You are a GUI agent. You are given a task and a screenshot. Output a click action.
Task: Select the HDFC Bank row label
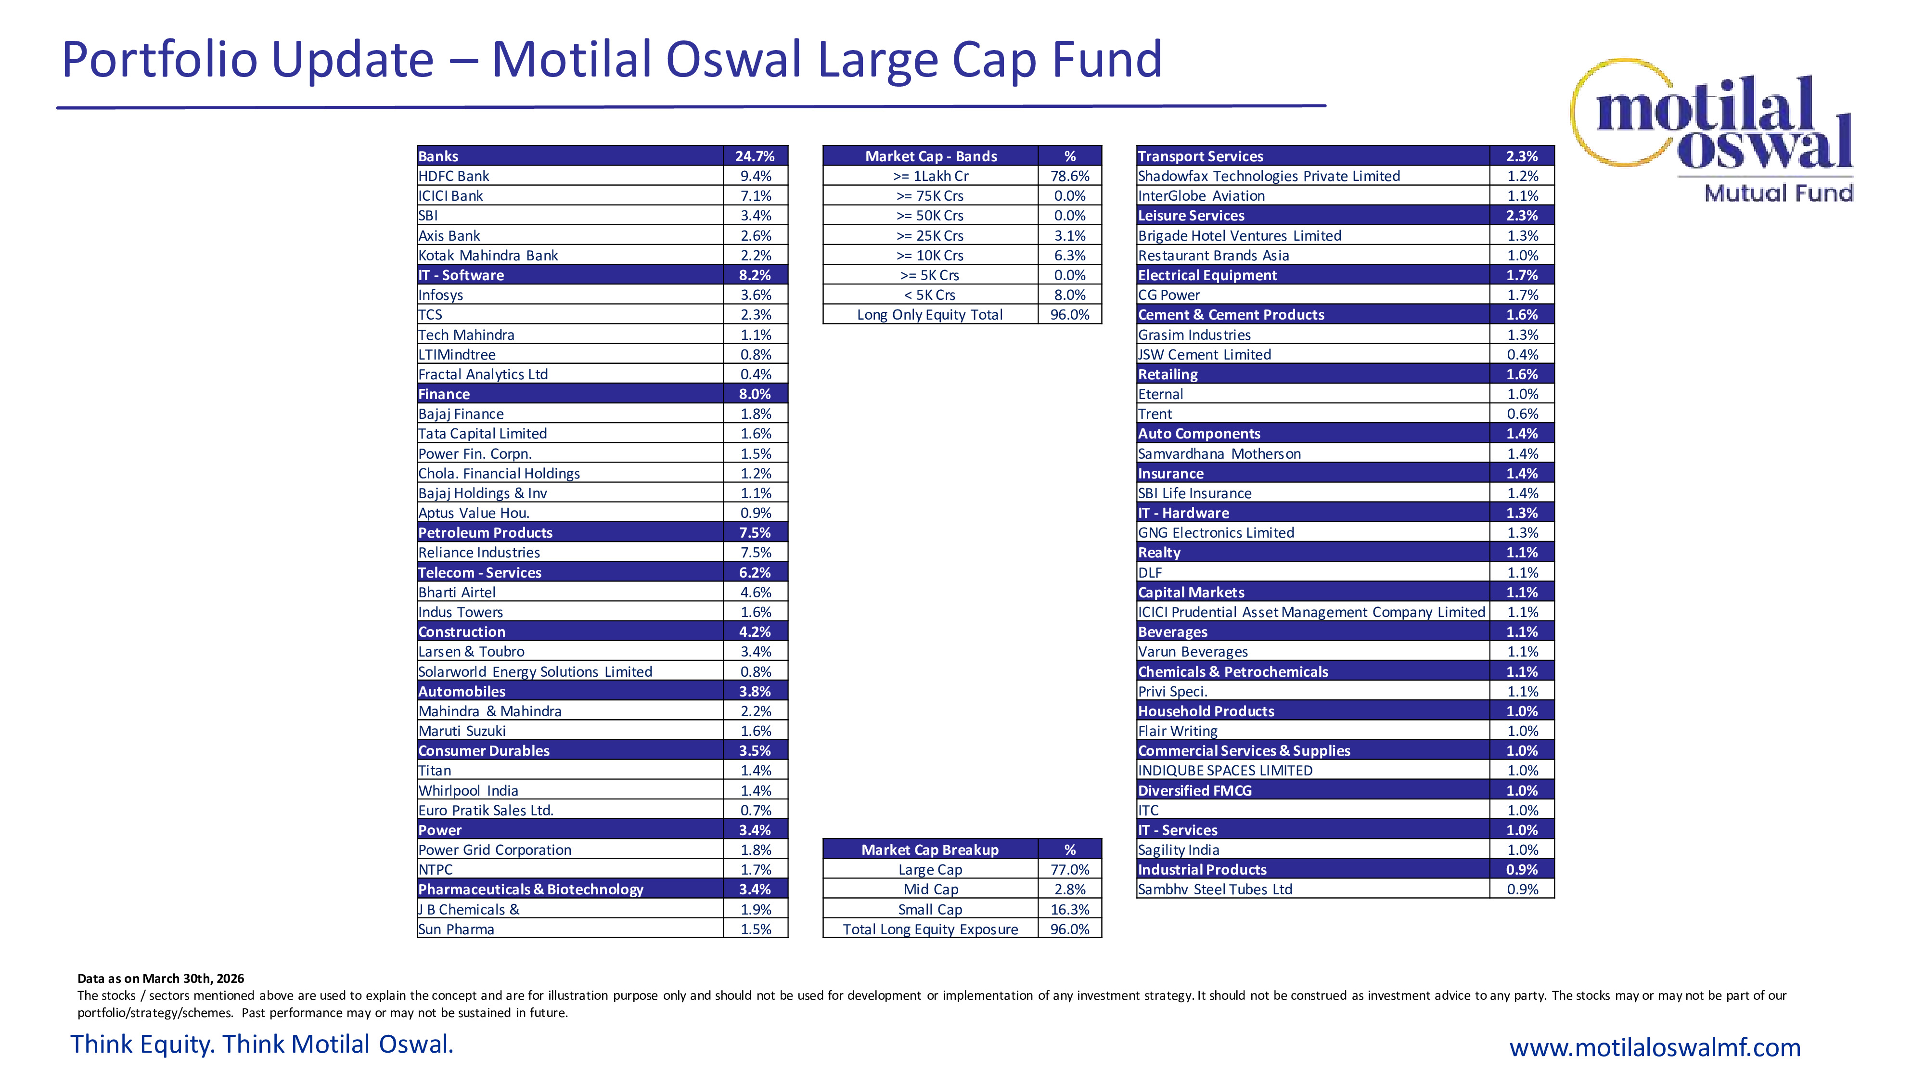coord(454,176)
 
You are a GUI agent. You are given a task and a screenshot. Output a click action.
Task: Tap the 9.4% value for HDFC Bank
coord(756,176)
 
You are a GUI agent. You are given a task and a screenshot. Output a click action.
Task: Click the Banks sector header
coord(438,156)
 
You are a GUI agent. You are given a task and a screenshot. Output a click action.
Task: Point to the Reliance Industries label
coord(479,553)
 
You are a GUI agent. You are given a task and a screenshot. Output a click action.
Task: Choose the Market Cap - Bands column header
coord(930,156)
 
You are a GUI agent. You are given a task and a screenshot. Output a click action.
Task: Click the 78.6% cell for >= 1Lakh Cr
coord(1069,176)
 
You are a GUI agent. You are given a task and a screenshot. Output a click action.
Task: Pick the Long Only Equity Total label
coord(930,315)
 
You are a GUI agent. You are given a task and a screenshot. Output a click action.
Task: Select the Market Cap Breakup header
coord(930,850)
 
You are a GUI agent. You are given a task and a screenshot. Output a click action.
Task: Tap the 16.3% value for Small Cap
coord(1069,910)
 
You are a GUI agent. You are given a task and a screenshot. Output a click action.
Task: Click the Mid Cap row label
coord(930,890)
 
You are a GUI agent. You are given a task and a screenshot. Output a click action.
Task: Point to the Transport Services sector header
coord(1200,156)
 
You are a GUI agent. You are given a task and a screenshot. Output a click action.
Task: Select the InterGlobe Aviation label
coord(1201,196)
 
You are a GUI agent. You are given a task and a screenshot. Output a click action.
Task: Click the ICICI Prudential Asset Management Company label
coord(1311,612)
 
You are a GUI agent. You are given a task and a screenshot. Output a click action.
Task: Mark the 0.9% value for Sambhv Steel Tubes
coord(1522,890)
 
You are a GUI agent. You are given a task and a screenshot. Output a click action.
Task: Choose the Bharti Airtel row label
coord(457,592)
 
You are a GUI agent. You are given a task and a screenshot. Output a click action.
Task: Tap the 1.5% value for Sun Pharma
coord(756,929)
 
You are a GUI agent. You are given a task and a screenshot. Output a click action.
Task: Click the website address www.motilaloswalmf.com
coord(1655,1047)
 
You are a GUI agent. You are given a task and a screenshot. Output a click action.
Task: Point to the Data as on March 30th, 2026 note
coord(161,979)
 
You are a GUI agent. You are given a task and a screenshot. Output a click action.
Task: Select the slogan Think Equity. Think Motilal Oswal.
coord(261,1044)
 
